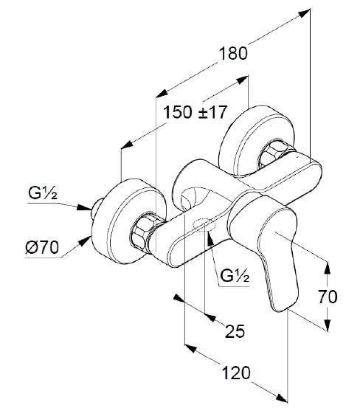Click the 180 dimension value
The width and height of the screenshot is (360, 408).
point(233,54)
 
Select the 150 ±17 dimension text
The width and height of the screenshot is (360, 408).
point(195,112)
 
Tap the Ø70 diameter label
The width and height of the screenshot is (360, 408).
point(42,247)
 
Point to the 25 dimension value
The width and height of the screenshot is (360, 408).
point(235,331)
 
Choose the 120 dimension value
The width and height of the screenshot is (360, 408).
point(236,373)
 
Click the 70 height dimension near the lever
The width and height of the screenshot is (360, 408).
point(328,297)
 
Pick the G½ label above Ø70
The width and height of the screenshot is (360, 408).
point(43,193)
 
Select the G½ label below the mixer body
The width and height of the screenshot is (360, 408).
point(235,276)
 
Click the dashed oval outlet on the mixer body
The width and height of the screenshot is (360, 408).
point(204,224)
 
